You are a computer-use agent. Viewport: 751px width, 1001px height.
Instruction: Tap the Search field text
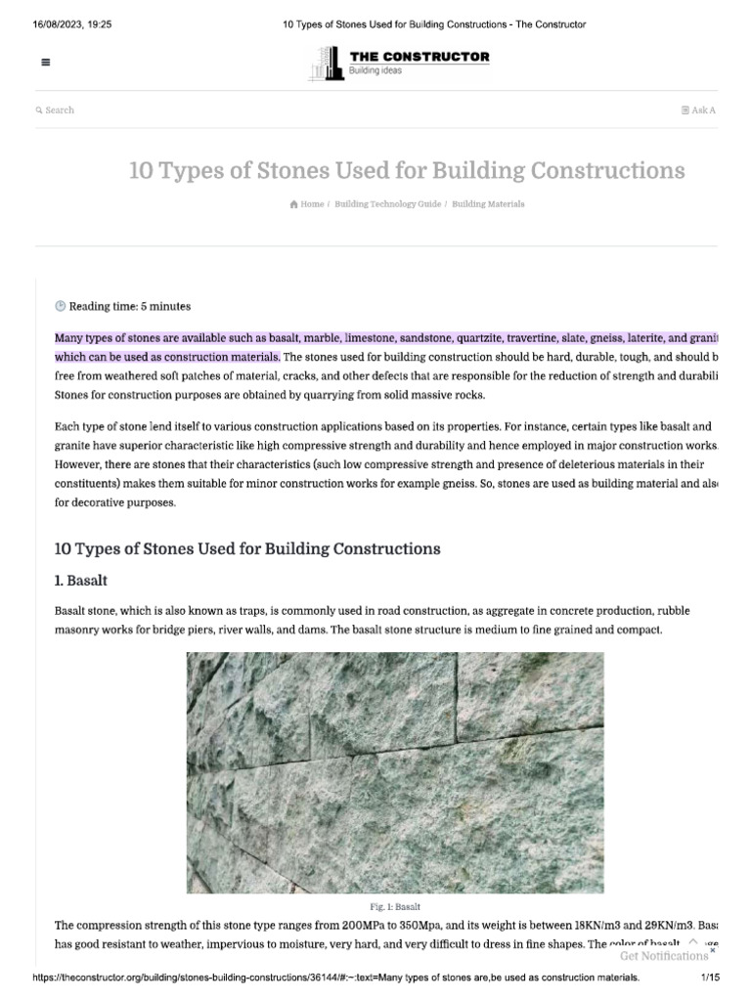(59, 110)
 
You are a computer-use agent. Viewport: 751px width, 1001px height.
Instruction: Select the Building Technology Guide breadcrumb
(387, 204)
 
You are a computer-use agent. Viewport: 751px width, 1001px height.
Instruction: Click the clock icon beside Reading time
(61, 306)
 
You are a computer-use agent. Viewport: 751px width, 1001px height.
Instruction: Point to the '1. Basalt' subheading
(81, 581)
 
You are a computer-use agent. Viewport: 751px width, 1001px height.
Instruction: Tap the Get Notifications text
(663, 956)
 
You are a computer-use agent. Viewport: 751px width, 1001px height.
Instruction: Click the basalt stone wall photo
(395, 772)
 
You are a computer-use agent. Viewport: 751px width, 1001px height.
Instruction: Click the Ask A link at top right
(699, 110)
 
